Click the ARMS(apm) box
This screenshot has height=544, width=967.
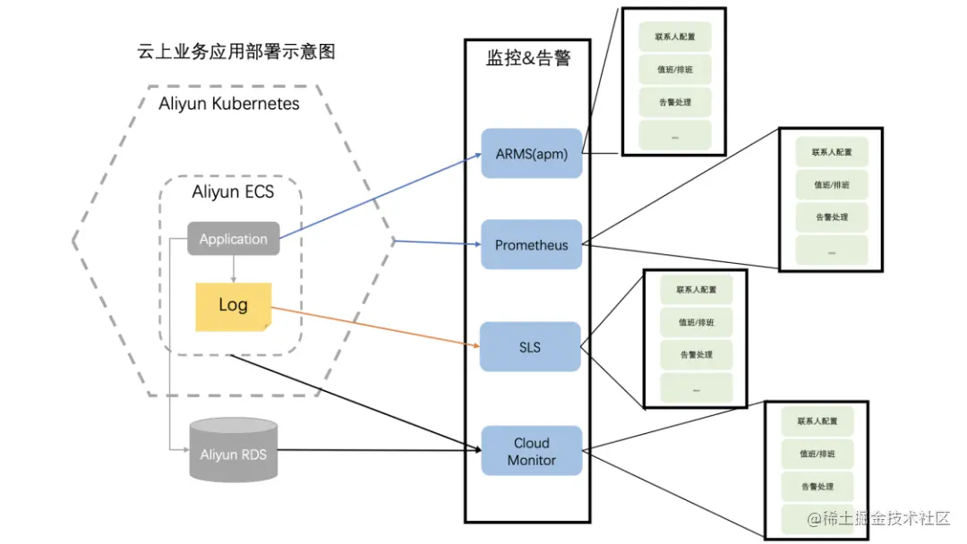[531, 153]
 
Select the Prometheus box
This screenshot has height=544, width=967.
[531, 244]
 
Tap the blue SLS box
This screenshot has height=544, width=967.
[530, 346]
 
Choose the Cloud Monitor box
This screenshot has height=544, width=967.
[531, 451]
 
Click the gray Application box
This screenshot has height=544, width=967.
[233, 239]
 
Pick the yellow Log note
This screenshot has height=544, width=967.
[233, 305]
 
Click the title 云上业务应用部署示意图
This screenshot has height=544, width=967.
[235, 52]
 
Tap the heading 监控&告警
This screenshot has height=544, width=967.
[527, 59]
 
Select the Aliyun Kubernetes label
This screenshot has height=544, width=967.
[229, 104]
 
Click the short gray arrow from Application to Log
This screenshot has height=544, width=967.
[233, 269]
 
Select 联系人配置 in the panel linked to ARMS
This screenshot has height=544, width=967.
[674, 38]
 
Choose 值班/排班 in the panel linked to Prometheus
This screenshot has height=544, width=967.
[832, 185]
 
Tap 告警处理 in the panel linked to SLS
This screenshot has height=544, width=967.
[696, 355]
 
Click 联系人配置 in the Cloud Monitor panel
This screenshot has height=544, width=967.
[817, 421]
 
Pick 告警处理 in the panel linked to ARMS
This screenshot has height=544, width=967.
[674, 102]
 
